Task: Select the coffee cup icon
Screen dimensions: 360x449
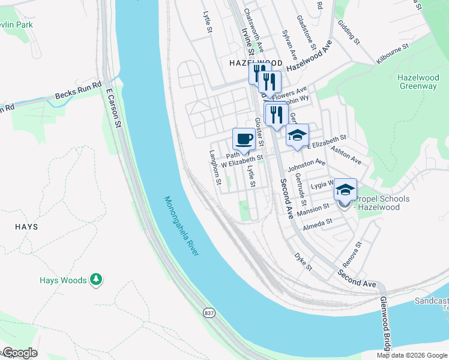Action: pos(244,139)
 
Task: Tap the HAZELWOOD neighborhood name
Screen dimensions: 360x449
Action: pos(256,62)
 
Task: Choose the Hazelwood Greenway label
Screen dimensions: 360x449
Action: pos(418,82)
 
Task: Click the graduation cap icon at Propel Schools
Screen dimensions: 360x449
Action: pos(345,190)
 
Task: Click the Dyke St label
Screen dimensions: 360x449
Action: pos(304,261)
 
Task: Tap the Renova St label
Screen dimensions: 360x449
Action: pos(352,254)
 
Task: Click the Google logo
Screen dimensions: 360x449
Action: pos(19,353)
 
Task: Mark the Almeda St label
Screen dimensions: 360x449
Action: pos(318,223)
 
